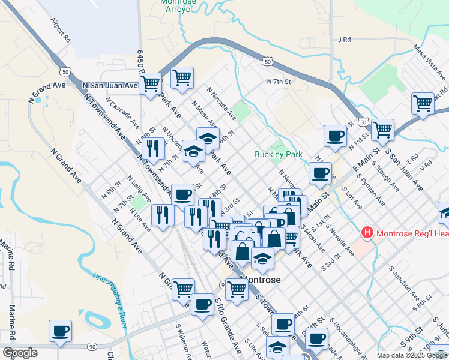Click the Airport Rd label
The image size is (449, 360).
tap(61, 29)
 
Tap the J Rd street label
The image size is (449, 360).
tap(344, 40)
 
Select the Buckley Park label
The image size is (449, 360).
tap(278, 154)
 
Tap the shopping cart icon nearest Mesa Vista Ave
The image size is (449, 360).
tap(423, 103)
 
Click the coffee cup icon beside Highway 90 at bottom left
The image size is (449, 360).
tap(60, 331)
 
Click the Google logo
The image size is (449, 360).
tap(19, 353)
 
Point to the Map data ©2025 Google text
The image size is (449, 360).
tap(412, 355)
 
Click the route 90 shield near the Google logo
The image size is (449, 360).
tap(92, 346)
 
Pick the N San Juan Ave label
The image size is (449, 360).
tap(110, 85)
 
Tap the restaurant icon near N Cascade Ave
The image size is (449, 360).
tap(155, 148)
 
